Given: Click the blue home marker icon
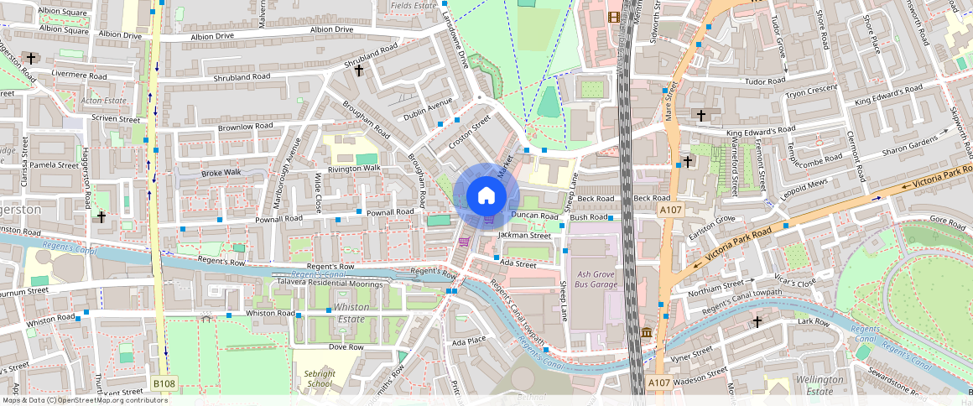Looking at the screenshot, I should coord(486,196).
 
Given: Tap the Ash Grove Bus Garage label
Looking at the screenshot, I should coord(597,279).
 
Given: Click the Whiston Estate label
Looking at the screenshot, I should coord(351,313).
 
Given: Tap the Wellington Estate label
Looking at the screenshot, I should coord(820,385).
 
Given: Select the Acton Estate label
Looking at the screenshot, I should coord(103,101).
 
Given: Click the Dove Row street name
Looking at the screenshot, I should coord(346,346).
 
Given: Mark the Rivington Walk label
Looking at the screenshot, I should coord(353,169).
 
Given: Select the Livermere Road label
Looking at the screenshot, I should coord(80,75).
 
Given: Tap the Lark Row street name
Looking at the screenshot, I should coord(813,321).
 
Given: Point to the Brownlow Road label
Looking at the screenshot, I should coord(246,127).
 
